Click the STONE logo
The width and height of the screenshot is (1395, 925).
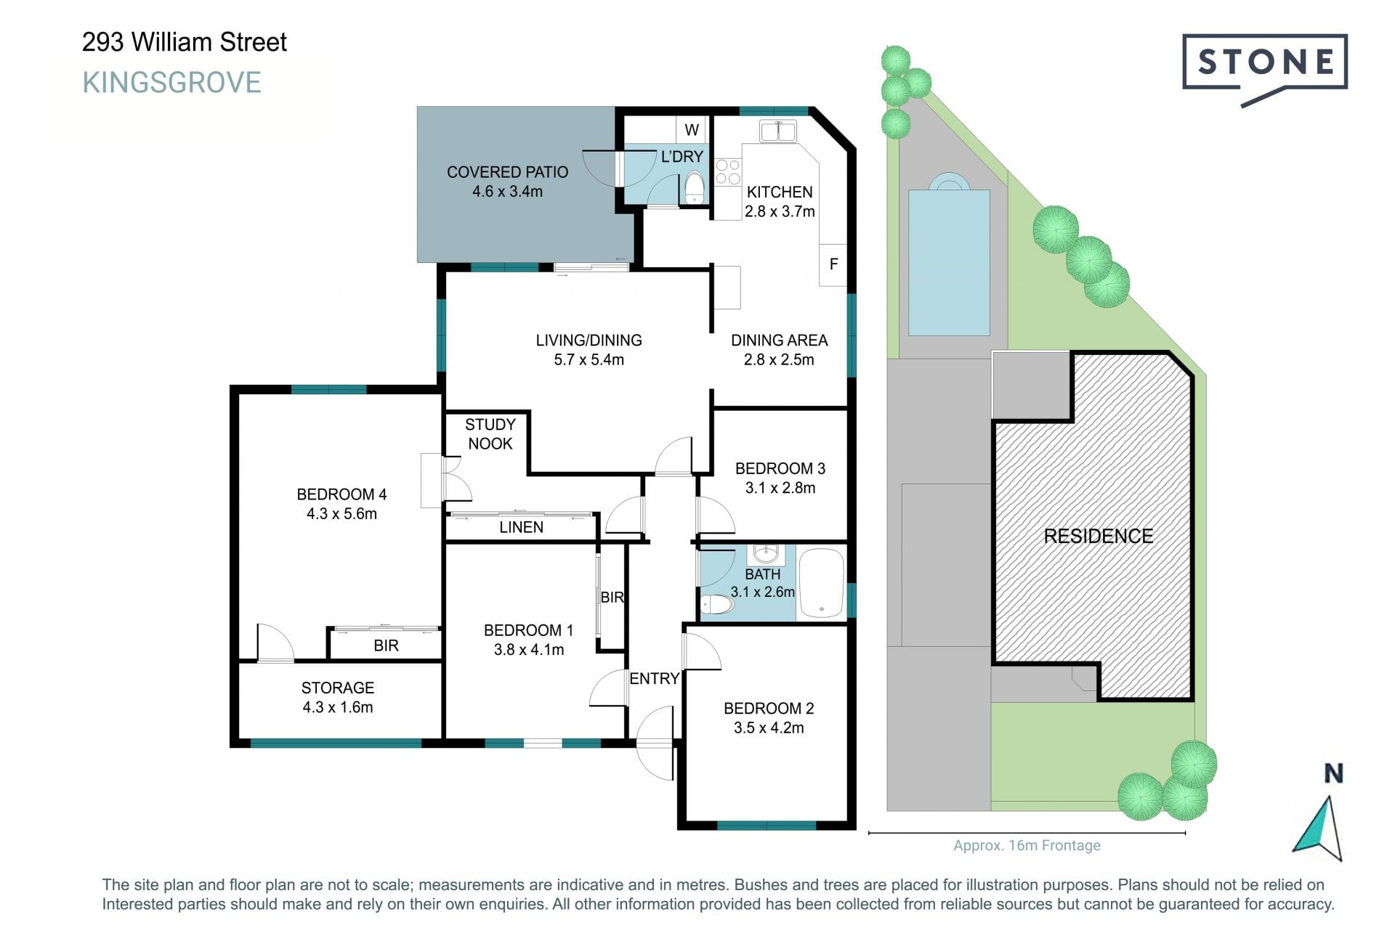pyautogui.click(x=1264, y=69)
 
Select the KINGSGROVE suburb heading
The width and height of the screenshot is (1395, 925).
pyautogui.click(x=171, y=83)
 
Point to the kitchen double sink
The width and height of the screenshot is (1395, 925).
pyautogui.click(x=778, y=131)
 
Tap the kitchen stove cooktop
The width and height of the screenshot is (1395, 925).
pyautogui.click(x=727, y=173)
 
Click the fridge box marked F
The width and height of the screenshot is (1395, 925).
pyautogui.click(x=833, y=264)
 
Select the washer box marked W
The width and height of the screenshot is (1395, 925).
pyautogui.click(x=692, y=130)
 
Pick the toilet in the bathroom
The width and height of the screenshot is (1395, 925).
pyautogui.click(x=717, y=604)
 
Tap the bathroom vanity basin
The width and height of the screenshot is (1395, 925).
pyautogui.click(x=765, y=554)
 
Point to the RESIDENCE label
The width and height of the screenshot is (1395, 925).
pyautogui.click(x=1098, y=536)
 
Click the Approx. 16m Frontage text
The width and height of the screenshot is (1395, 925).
pyautogui.click(x=1027, y=845)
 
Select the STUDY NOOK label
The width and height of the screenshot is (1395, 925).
pyautogui.click(x=490, y=434)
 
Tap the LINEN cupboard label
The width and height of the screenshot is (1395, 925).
pyautogui.click(x=521, y=527)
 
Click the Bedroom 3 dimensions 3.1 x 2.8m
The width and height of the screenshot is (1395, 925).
pyautogui.click(x=780, y=488)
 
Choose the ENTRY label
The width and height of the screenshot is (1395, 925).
pyautogui.click(x=654, y=678)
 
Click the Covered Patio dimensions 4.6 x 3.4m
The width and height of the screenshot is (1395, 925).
pyautogui.click(x=507, y=192)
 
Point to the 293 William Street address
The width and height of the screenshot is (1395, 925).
pyautogui.click(x=185, y=42)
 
